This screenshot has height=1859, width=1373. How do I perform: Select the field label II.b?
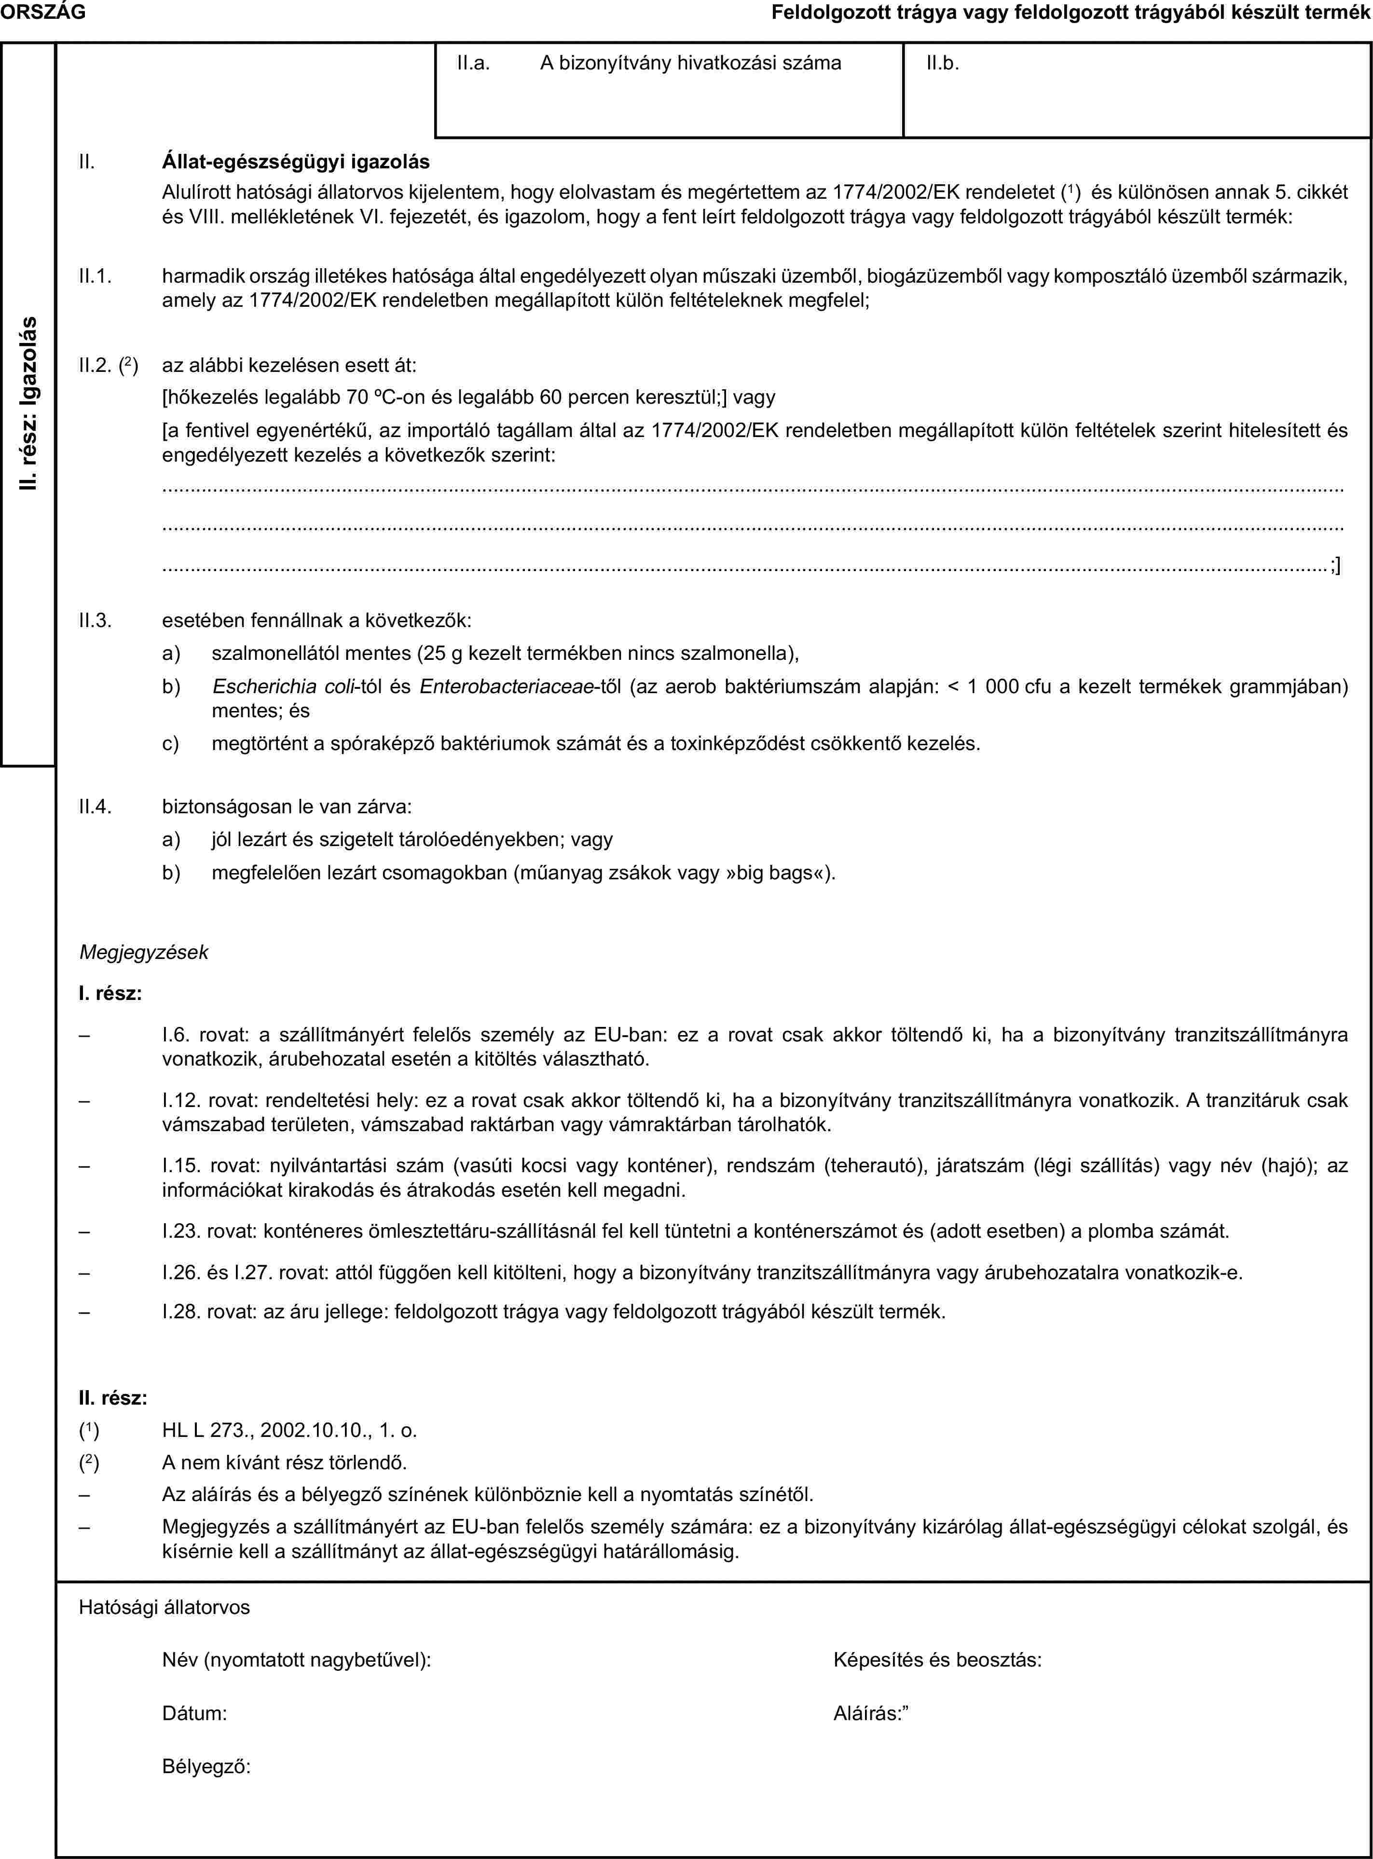click(943, 62)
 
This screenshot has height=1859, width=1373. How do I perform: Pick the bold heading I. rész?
click(110, 994)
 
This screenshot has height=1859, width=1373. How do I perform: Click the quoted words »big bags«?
click(776, 874)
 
